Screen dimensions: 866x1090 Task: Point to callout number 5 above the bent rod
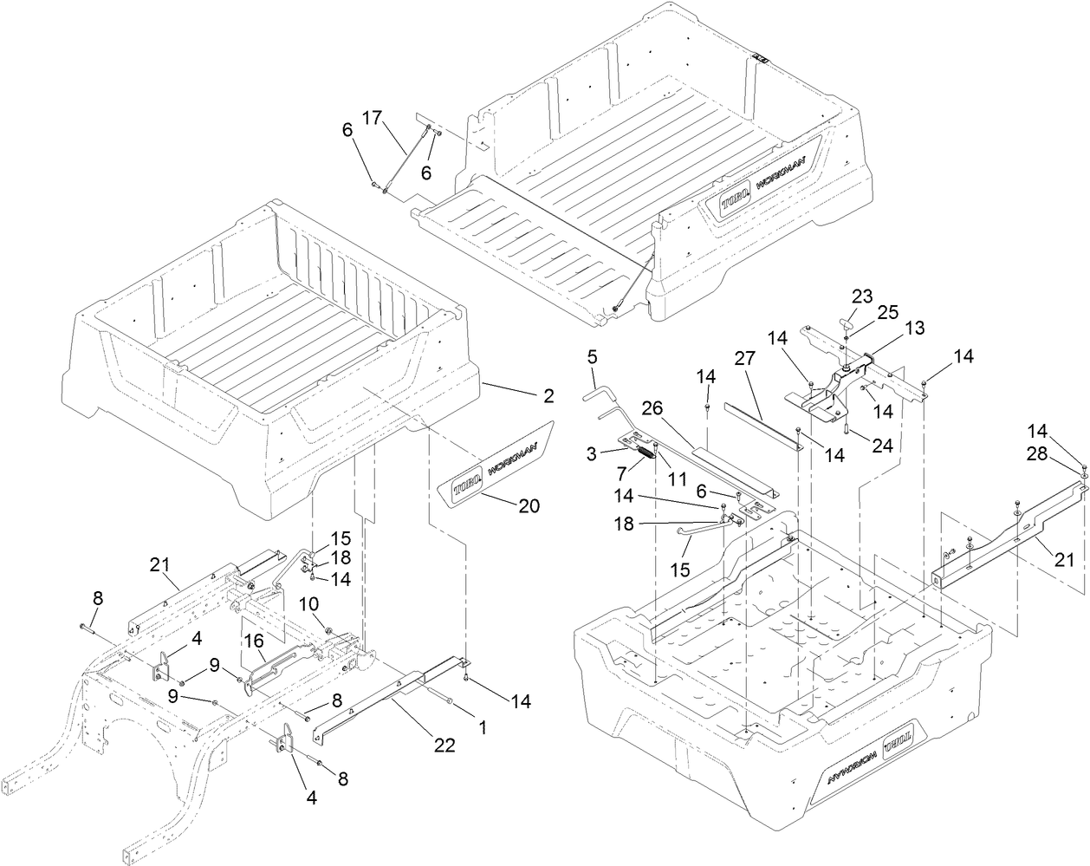click(593, 355)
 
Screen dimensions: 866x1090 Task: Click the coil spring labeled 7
click(648, 452)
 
